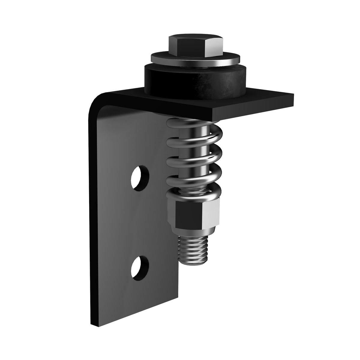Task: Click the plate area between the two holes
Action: coord(141,222)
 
